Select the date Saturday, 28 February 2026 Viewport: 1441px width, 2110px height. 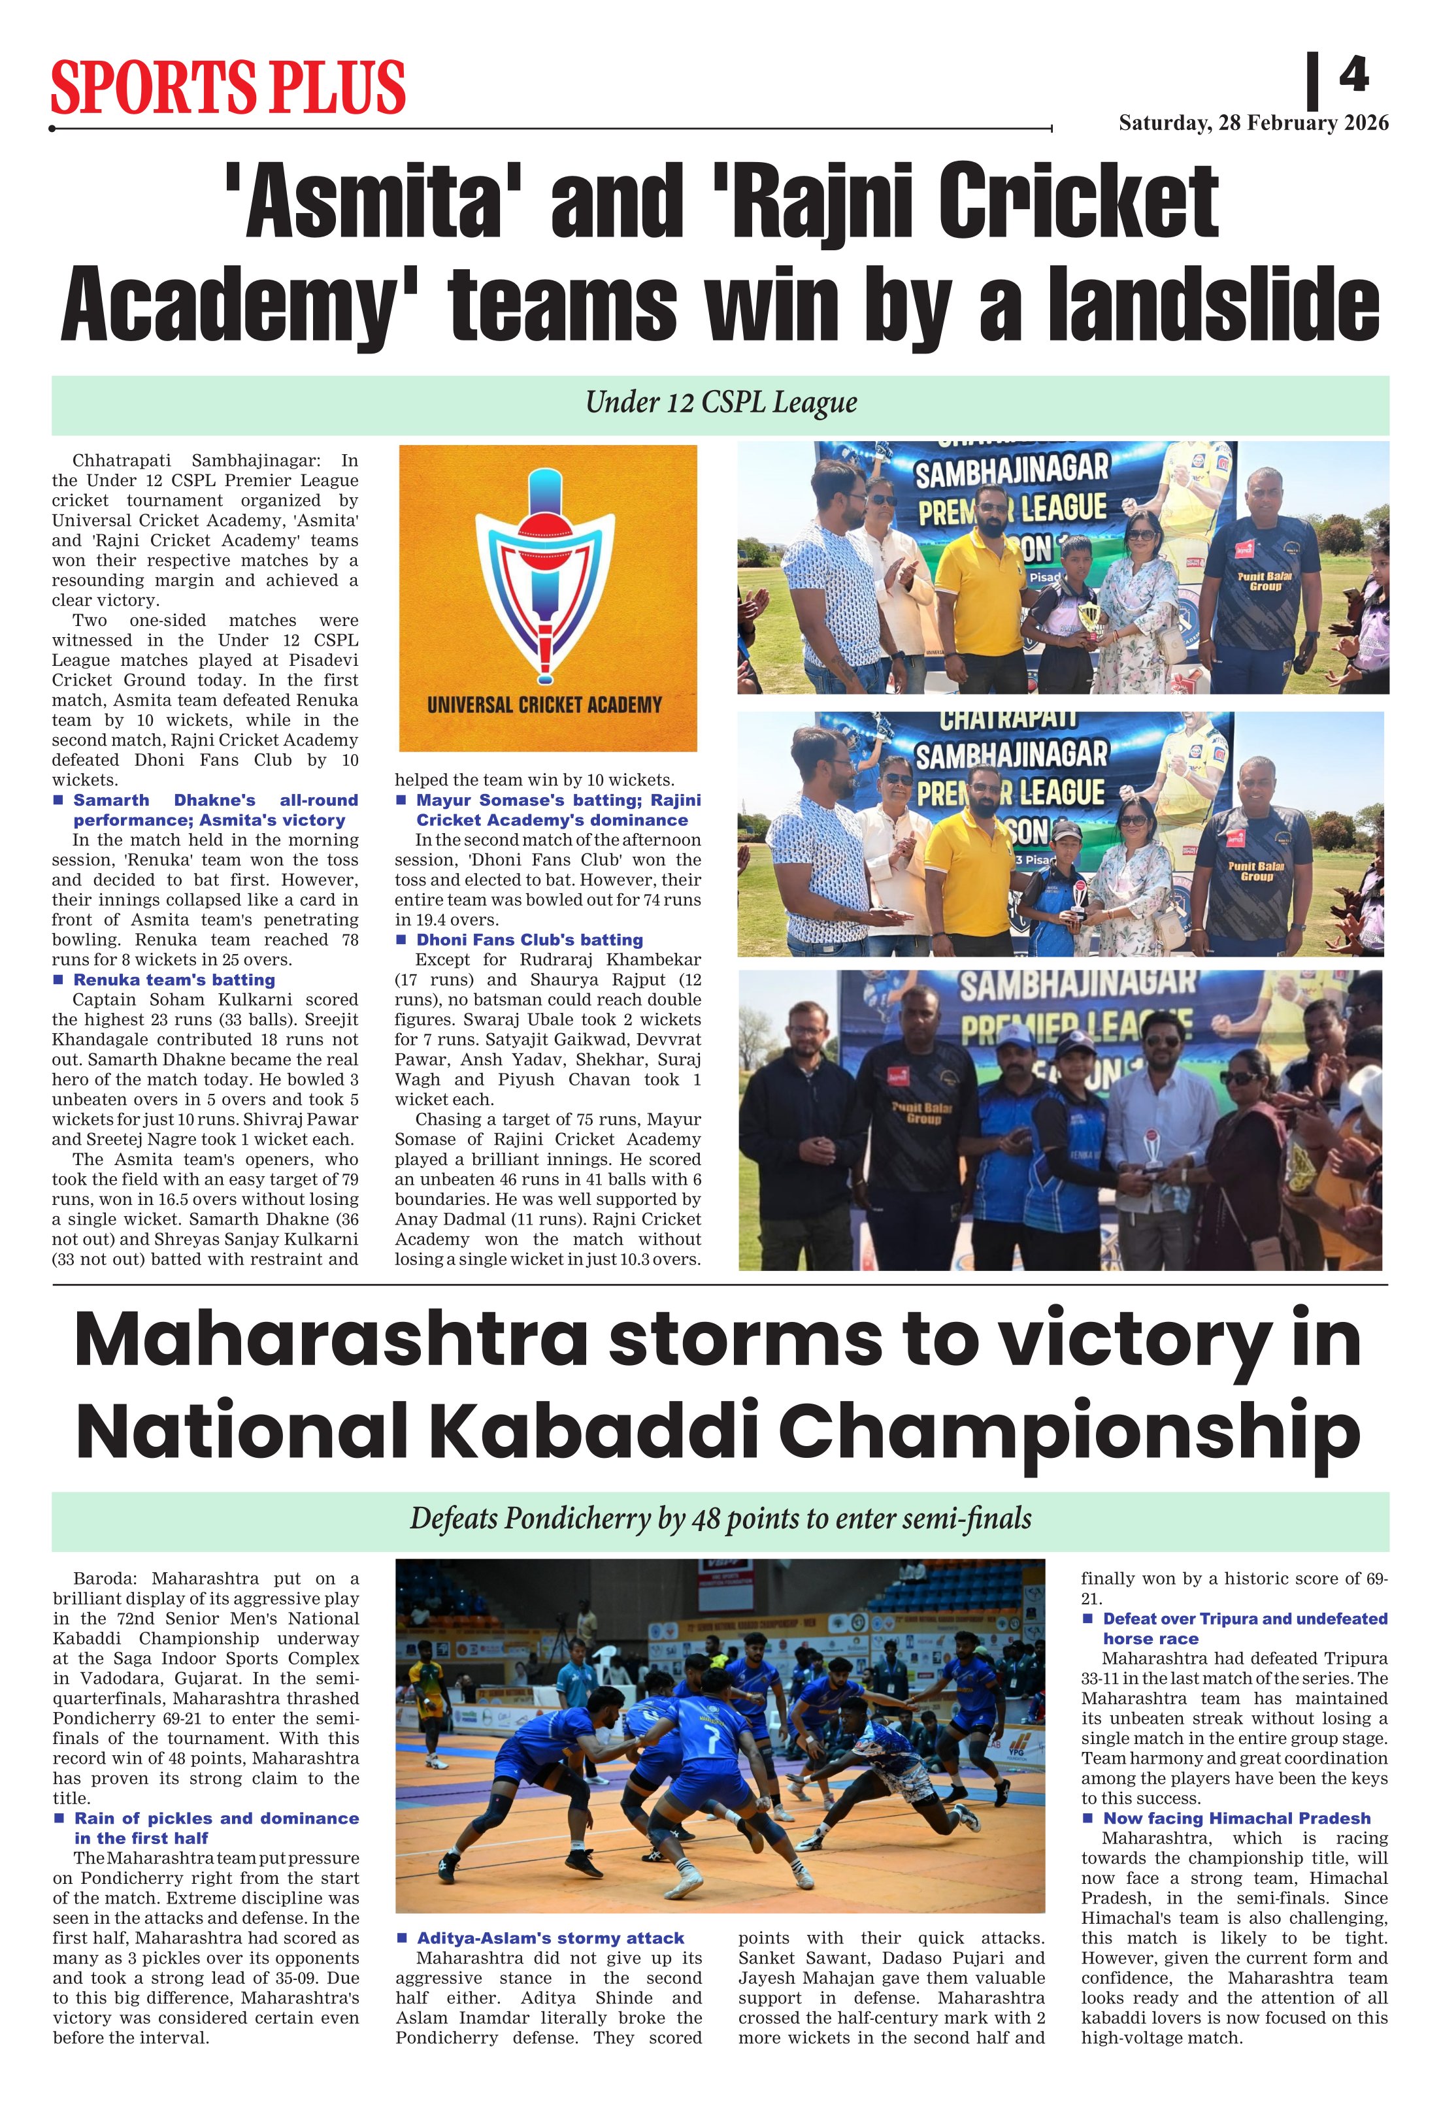1253,124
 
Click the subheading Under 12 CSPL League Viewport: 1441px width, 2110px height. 721,403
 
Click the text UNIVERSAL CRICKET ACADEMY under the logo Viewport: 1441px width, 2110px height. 545,704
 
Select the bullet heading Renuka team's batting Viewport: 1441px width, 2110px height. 173,980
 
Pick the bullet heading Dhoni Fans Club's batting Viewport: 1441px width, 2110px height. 529,940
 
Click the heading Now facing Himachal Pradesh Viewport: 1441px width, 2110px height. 1236,1818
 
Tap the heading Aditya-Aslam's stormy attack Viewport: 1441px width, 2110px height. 550,1937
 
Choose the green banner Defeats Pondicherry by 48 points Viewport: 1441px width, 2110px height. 721,1518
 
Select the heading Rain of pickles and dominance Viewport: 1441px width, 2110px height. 216,1818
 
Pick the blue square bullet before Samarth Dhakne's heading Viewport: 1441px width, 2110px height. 58,800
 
